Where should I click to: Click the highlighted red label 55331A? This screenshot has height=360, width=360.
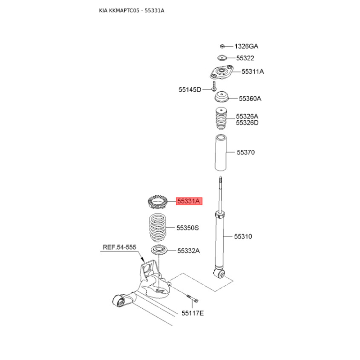tap(189, 201)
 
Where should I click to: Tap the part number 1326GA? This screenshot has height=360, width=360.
tap(246, 46)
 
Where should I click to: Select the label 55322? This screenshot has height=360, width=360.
tap(245, 58)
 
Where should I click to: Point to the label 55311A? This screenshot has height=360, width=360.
tap(253, 72)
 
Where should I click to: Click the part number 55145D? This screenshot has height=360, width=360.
tap(190, 90)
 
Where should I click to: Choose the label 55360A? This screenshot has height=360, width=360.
tap(250, 99)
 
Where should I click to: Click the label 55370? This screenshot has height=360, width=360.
tap(246, 152)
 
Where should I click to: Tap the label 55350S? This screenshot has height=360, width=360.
tap(188, 228)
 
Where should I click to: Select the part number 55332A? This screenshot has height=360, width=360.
tap(189, 251)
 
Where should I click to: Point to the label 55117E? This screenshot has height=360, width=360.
tap(193, 313)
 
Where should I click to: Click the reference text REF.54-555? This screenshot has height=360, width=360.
tap(119, 247)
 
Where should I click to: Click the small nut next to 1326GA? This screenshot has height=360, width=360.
tap(222, 46)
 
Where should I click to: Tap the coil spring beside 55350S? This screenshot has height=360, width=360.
tap(157, 228)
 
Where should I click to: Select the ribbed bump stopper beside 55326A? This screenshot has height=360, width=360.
tap(221, 119)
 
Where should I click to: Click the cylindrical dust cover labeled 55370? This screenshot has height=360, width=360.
tap(220, 153)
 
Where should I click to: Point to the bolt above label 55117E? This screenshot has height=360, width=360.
tap(192, 298)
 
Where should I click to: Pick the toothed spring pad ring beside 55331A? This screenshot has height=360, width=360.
tap(157, 202)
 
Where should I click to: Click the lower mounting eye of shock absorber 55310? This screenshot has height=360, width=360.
tap(220, 273)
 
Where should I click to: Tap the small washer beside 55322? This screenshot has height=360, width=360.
tap(222, 58)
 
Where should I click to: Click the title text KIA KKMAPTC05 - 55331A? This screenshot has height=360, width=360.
tap(131, 10)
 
